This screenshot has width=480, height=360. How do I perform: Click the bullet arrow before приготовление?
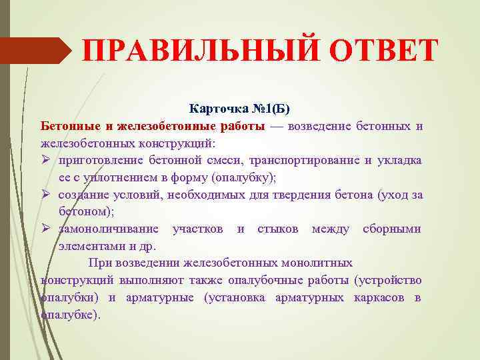click(x=46, y=160)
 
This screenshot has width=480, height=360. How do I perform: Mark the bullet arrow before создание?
click(x=46, y=195)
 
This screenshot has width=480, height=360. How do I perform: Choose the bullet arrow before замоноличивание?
click(x=46, y=229)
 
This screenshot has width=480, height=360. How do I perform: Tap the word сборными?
click(x=392, y=229)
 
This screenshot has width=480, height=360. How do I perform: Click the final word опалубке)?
click(x=71, y=315)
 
